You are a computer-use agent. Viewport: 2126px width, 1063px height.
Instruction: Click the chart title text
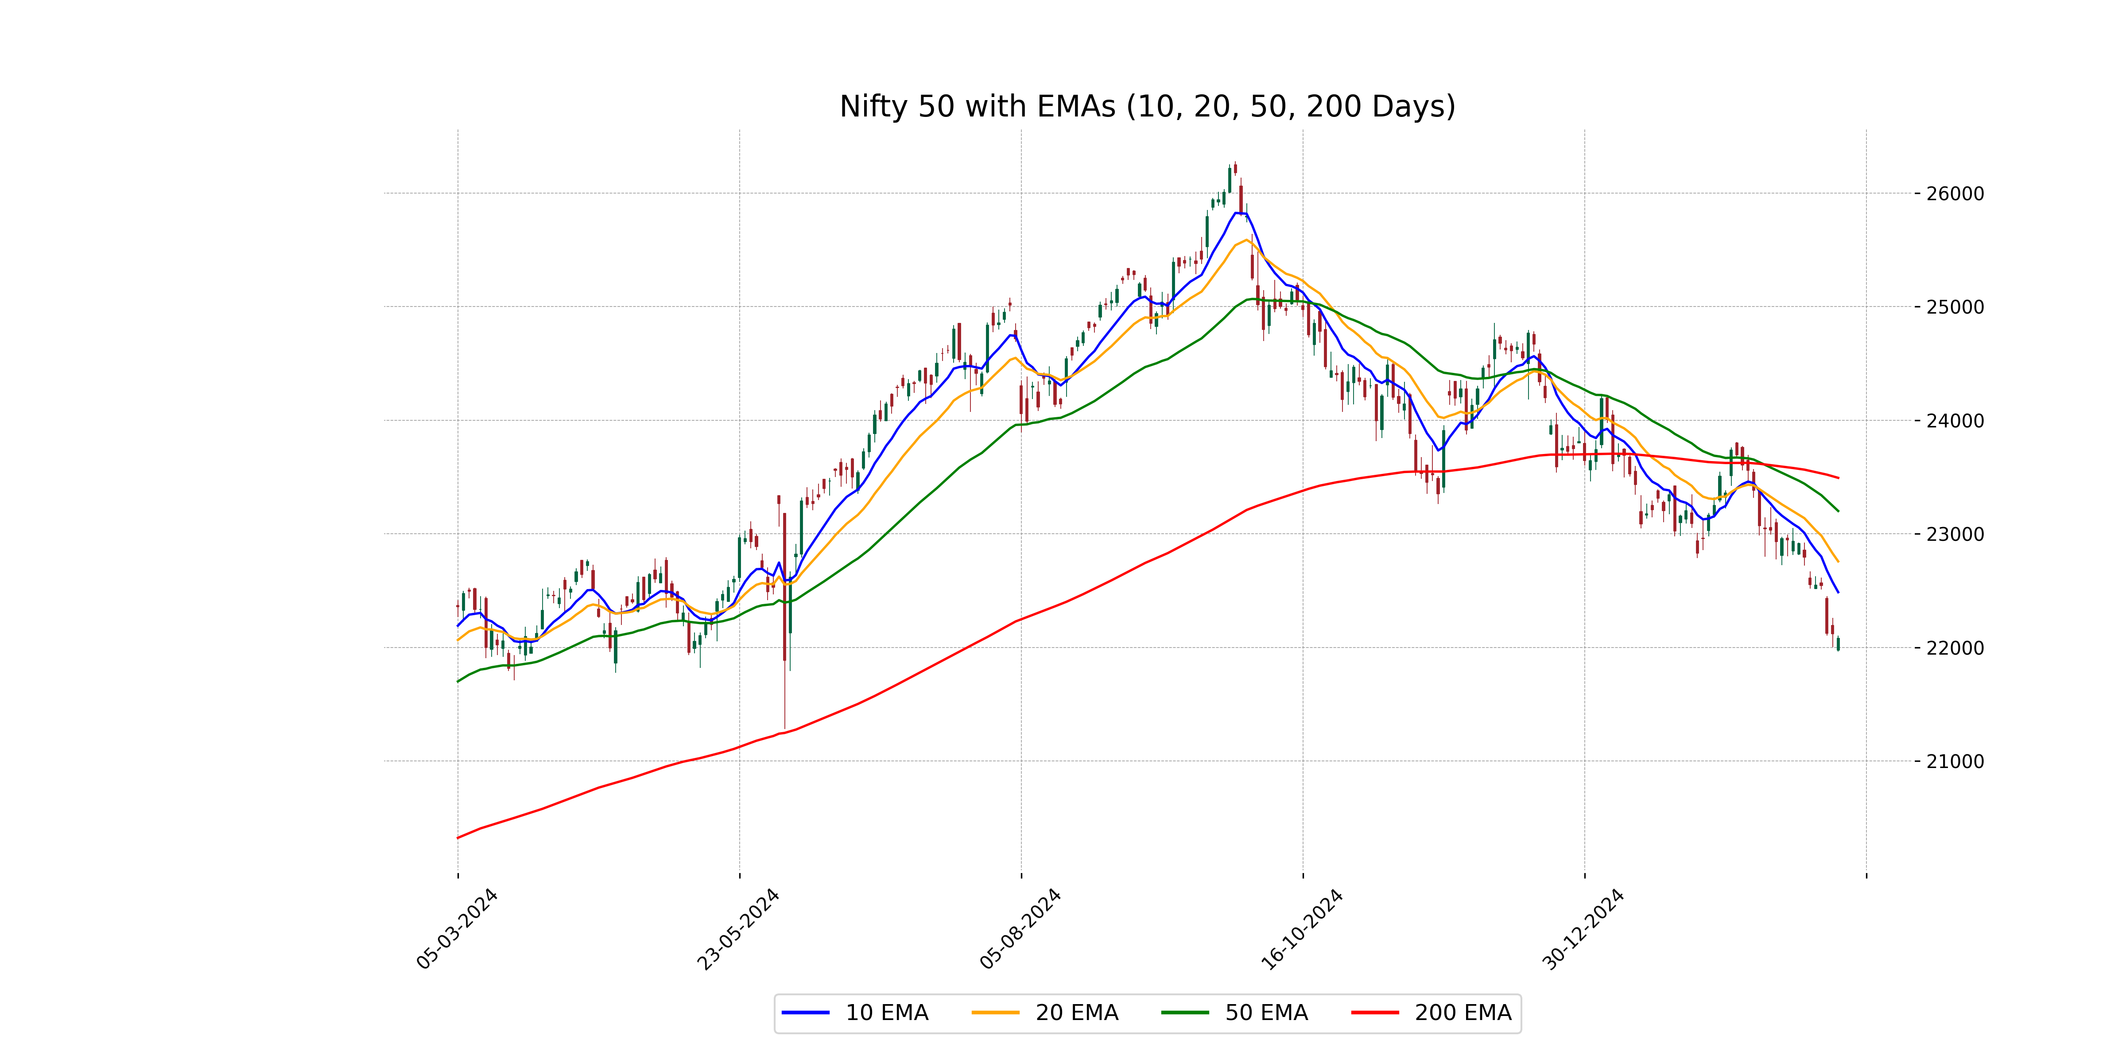click(x=1147, y=106)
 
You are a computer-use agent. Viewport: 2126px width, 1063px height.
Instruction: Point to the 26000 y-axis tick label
click(x=1954, y=194)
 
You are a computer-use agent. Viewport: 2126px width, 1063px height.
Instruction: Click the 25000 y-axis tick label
click(x=1954, y=307)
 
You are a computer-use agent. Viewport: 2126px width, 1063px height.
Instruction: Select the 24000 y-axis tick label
click(x=1954, y=421)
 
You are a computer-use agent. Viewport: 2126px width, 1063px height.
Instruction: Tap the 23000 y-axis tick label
click(x=1954, y=534)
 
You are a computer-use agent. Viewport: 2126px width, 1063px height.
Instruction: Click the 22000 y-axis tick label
click(x=1954, y=648)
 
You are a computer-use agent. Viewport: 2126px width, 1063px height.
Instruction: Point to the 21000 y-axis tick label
click(x=1954, y=761)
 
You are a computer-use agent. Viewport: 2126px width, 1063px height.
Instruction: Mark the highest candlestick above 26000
click(x=1235, y=168)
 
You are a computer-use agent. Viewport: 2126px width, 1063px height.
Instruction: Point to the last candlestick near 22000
click(x=1838, y=644)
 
